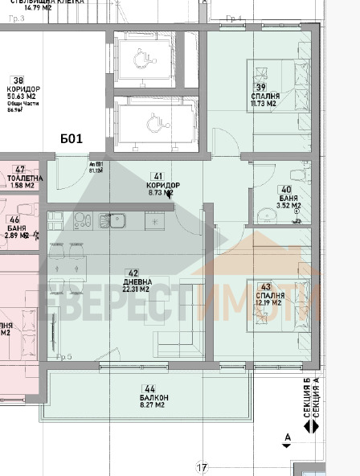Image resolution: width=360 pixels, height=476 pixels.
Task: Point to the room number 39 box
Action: click(x=260, y=87)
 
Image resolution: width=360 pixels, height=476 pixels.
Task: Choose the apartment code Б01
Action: click(x=71, y=138)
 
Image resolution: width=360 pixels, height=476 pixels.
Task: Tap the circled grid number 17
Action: click(x=202, y=467)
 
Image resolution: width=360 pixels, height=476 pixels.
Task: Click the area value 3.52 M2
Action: click(x=288, y=206)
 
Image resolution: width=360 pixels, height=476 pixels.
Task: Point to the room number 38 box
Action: click(x=16, y=80)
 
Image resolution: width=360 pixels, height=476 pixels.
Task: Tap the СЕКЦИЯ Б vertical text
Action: click(x=306, y=400)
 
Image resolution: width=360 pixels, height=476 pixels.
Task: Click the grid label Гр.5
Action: click(x=64, y=356)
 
